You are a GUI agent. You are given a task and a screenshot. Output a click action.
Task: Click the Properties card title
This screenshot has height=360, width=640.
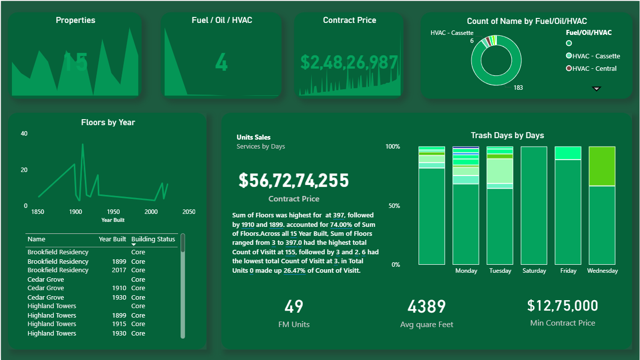pos(75,20)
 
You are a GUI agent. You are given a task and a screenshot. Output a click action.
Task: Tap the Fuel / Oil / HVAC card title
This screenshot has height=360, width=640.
pos(221,20)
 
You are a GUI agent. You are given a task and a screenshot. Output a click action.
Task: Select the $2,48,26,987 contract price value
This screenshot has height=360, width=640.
pos(349,62)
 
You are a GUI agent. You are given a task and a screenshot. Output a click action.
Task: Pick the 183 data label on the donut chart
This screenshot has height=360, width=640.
pos(518,88)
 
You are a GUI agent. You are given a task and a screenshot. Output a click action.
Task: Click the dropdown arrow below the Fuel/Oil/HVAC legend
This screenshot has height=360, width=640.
pos(596,89)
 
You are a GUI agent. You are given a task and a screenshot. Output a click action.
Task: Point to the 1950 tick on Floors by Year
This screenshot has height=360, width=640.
pos(113,212)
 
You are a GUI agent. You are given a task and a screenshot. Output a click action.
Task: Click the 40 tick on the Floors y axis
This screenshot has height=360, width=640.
pos(24,134)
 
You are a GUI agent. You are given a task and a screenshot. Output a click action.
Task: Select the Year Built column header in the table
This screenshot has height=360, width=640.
pos(112,239)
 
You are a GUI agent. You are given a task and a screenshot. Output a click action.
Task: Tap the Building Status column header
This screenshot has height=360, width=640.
pos(153,239)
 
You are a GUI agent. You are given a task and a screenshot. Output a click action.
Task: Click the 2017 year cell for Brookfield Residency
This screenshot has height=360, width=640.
pos(119,270)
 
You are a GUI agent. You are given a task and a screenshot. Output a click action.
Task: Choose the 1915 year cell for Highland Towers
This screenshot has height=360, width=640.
pos(119,324)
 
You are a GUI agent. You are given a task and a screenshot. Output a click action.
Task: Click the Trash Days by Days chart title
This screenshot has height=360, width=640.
pos(507,136)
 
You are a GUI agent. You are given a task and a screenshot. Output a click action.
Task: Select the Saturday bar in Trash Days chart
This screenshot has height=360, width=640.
pos(534,205)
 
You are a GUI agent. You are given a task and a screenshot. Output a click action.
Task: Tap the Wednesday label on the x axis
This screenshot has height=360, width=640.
pos(602,271)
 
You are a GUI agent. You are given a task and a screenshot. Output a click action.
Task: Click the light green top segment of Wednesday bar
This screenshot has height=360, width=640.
pos(602,166)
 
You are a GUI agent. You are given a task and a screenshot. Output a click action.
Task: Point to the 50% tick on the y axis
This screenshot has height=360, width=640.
pos(393,206)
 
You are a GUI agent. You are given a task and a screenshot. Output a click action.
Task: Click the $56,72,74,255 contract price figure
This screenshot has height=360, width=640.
pos(293,180)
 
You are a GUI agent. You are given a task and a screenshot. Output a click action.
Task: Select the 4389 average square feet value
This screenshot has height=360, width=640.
pos(427,307)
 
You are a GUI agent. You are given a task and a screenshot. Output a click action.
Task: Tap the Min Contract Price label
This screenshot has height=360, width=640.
pos(562,323)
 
